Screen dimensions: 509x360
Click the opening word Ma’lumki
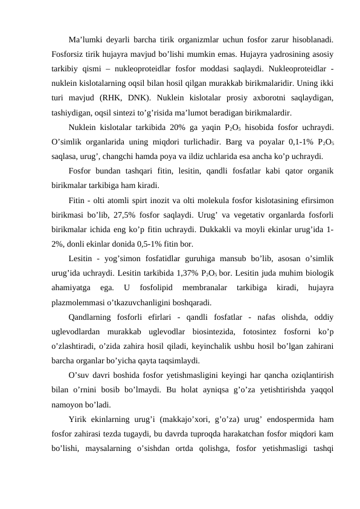(84, 39)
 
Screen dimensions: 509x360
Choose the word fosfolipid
(152, 288)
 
